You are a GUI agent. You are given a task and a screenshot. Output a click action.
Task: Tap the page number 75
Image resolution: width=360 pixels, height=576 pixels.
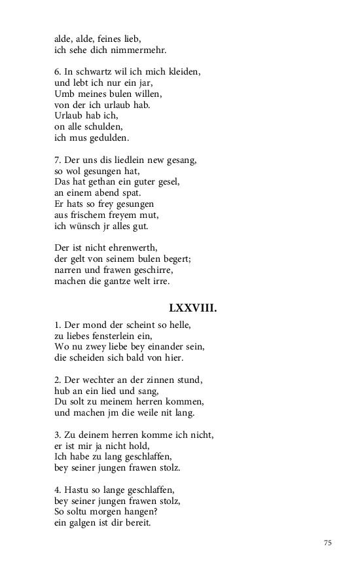[x=328, y=543]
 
